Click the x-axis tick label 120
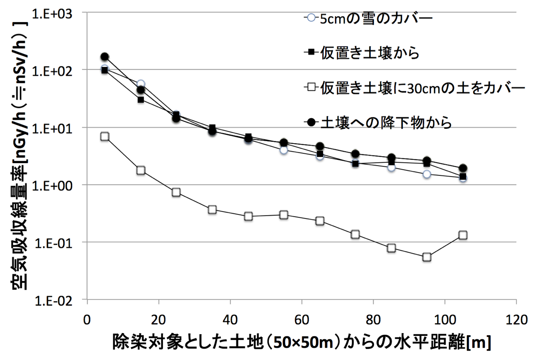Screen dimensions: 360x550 click(516, 318)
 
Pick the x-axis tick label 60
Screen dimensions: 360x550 click(301, 318)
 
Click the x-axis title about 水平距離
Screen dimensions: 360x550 click(301, 342)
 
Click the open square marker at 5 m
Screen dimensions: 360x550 click(105, 136)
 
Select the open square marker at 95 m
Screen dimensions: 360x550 click(427, 257)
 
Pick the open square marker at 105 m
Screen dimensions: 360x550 click(463, 235)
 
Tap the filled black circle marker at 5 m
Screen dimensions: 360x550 click(105, 57)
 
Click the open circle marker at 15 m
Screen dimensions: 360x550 click(141, 84)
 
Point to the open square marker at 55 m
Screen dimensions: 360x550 click(284, 215)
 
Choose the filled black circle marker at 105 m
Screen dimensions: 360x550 click(463, 168)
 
